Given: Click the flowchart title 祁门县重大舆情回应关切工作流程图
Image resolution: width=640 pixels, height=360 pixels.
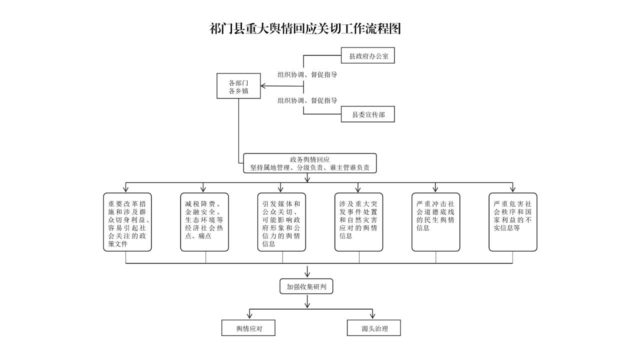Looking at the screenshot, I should [305, 29].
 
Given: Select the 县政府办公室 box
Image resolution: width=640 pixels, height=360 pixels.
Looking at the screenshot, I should [368, 56].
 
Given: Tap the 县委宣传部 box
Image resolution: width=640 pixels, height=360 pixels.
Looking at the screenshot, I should [368, 114].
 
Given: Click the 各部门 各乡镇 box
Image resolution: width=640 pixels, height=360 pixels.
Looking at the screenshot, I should [238, 86].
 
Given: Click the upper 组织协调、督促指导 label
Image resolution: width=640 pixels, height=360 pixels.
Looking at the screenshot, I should [307, 74].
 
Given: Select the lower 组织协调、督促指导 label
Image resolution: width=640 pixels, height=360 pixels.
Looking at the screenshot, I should [307, 100].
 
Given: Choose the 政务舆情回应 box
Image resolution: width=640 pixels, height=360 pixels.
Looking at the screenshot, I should [309, 163].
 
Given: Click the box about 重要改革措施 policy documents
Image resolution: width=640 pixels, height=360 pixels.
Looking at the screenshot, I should [127, 222].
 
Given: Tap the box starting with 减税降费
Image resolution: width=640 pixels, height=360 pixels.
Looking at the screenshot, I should [204, 222].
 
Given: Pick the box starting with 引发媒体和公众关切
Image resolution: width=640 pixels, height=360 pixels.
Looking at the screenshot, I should [281, 222].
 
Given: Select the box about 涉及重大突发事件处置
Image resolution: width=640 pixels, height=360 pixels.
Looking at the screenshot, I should [358, 222].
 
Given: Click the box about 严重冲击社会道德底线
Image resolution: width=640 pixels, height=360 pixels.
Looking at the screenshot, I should [435, 222].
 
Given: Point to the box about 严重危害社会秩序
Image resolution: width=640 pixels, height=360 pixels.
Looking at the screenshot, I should [512, 222].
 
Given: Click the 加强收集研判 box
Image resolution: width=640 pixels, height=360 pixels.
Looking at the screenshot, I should [306, 286].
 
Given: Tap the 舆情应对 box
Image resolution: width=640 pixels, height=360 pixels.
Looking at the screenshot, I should [248, 328].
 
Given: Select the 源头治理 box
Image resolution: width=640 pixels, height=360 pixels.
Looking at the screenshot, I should [374, 328].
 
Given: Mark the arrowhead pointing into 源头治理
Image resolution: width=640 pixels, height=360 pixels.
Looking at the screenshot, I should [373, 316].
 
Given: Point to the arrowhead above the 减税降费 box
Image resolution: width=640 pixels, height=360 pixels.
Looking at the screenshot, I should [203, 189].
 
